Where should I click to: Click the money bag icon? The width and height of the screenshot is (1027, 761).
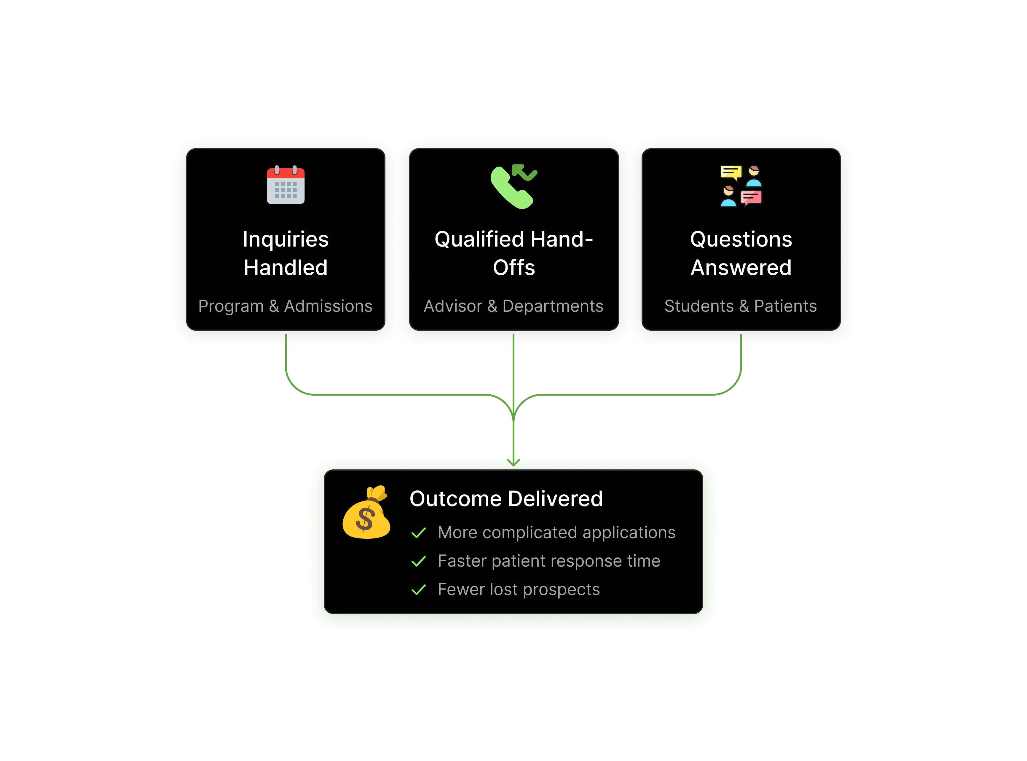click(366, 514)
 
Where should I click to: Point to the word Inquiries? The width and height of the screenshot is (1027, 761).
click(286, 239)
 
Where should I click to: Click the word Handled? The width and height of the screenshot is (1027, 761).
click(286, 268)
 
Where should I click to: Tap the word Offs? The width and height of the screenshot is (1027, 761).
click(514, 268)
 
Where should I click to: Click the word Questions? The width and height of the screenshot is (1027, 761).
click(741, 239)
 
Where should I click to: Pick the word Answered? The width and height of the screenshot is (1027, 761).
click(741, 268)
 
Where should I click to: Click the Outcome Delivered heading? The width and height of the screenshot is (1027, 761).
click(506, 499)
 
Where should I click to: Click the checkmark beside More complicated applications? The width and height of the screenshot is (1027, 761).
click(418, 533)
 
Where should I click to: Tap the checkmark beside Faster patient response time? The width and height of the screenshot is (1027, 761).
click(418, 562)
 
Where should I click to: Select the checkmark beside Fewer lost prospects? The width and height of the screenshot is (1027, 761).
click(418, 590)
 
